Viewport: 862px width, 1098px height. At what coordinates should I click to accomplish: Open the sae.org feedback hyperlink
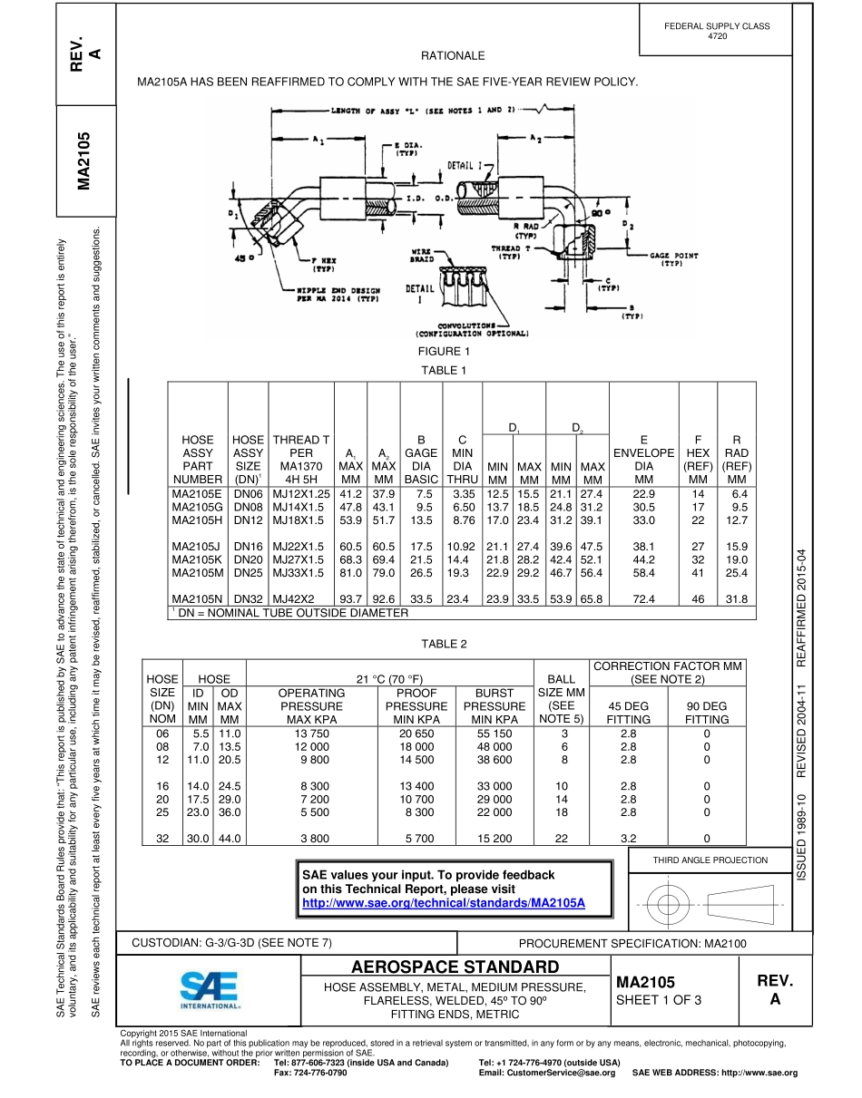point(444,904)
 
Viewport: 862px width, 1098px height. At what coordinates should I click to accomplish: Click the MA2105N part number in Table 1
point(197,598)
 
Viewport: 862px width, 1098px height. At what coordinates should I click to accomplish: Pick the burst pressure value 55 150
point(494,733)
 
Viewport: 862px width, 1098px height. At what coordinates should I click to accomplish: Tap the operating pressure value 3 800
point(310,839)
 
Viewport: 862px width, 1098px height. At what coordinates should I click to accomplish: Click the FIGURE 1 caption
point(444,351)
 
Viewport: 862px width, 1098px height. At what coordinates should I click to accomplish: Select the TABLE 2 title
point(444,644)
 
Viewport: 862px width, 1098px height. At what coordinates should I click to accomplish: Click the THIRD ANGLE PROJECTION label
point(710,860)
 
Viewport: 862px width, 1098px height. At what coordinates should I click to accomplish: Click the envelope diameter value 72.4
point(643,598)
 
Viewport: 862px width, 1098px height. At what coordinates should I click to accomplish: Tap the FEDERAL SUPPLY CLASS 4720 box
point(717,31)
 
